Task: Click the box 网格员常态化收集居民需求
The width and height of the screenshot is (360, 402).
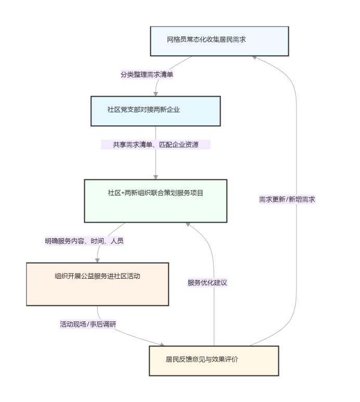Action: (x=219, y=41)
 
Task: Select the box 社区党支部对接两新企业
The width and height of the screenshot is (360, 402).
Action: (x=156, y=111)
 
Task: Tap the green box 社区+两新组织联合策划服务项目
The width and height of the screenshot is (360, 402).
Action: (x=156, y=201)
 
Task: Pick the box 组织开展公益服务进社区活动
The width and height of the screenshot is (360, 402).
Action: (x=97, y=284)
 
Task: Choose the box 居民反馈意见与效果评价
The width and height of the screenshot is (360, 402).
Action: (x=214, y=360)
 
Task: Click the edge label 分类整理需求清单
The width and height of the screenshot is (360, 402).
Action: (x=147, y=74)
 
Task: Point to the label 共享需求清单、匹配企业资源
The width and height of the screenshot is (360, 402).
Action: (x=156, y=145)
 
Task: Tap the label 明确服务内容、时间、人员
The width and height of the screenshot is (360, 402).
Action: (x=84, y=241)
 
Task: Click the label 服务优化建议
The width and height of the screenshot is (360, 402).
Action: (x=208, y=283)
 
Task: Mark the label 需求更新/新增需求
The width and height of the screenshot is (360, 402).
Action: (x=287, y=199)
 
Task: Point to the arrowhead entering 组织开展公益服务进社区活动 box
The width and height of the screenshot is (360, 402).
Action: (x=97, y=260)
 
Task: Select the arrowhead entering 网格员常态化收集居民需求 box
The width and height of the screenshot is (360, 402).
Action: (x=254, y=57)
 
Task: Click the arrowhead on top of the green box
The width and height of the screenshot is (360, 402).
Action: (x=156, y=177)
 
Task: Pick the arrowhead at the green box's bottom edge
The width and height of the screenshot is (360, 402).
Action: (x=188, y=225)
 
